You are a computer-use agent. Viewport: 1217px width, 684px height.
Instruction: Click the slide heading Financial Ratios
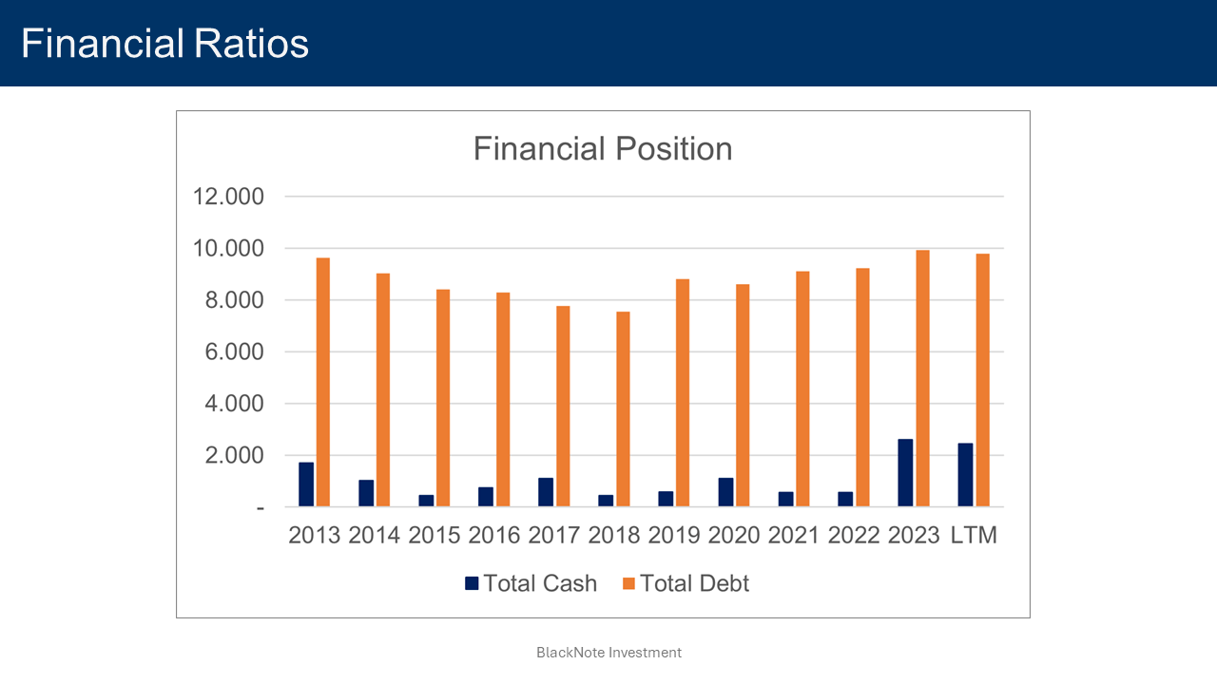click(165, 44)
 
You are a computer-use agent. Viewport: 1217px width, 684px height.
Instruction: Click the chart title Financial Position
click(603, 149)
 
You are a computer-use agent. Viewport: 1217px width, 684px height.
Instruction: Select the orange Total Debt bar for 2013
click(323, 382)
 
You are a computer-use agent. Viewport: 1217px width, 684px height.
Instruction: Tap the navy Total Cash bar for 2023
click(905, 472)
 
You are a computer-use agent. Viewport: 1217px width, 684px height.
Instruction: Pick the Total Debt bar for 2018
click(623, 408)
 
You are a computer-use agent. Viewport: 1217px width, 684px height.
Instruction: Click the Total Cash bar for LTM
click(965, 474)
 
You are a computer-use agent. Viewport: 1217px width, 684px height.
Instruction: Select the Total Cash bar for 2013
click(306, 484)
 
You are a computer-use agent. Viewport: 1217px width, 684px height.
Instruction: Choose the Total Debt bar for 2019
click(683, 392)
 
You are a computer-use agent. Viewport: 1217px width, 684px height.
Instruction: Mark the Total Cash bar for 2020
click(725, 491)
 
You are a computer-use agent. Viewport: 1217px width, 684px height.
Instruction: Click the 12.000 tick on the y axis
click(228, 197)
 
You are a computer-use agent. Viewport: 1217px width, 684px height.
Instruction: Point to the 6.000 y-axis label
click(228, 351)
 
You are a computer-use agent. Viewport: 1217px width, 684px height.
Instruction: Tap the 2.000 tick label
click(228, 455)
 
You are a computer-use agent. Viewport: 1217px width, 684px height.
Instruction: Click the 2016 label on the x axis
click(494, 535)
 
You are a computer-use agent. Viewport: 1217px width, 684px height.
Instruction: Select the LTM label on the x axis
click(974, 535)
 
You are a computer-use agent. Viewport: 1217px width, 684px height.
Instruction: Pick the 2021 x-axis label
click(794, 535)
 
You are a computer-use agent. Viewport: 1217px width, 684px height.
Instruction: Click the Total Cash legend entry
click(531, 583)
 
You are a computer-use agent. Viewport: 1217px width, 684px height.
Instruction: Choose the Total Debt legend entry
click(686, 583)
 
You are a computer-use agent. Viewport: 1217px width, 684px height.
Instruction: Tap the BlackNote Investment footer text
click(608, 653)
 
